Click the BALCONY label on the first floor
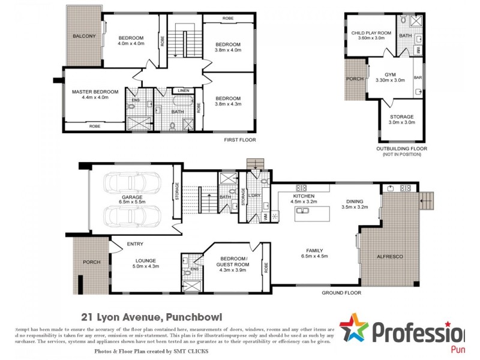84,36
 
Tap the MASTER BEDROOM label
95,92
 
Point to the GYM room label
390,74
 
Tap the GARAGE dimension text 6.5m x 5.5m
133,203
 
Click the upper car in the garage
132,184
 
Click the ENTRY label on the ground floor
134,244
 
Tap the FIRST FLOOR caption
239,140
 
